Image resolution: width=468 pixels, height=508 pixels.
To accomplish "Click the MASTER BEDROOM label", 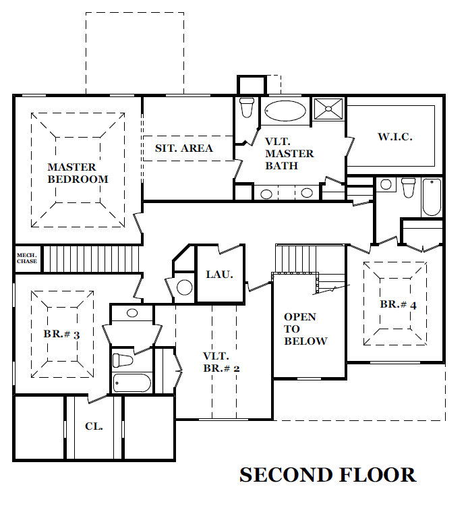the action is coord(78,173).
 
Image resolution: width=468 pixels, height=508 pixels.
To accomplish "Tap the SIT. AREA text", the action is coord(184,148).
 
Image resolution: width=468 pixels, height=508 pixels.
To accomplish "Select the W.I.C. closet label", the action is coord(395,136).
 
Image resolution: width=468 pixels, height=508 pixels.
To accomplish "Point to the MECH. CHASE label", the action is coord(27,258).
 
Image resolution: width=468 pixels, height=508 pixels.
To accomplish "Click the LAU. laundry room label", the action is coord(220,275).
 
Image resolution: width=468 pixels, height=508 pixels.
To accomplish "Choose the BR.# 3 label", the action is coord(61,334).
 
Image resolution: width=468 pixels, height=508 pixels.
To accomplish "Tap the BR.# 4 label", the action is coord(398,304).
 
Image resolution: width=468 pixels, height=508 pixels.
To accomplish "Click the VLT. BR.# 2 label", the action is coord(222,362).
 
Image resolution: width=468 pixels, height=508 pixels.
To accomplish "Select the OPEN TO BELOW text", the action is coord(305,329).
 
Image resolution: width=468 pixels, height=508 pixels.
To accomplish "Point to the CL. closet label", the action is coord(94,426).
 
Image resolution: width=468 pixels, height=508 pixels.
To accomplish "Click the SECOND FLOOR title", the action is coord(328,475).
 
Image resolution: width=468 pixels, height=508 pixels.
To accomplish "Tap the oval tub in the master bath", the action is coord(285,111).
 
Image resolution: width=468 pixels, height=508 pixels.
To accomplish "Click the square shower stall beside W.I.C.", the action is coord(328,109).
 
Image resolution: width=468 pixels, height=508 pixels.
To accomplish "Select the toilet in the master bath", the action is coord(247,107).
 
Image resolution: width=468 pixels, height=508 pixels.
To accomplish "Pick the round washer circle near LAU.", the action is coord(184,287).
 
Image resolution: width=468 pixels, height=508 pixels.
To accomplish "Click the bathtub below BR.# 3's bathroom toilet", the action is coord(131,383).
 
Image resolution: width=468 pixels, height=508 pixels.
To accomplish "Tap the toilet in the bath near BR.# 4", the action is coord(409,188).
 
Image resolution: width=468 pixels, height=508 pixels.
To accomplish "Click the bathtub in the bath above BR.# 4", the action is coord(432,197).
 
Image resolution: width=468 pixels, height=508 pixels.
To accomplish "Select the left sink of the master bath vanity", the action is coord(266,194).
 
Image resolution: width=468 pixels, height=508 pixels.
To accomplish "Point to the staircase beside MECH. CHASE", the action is coord(92,259).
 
